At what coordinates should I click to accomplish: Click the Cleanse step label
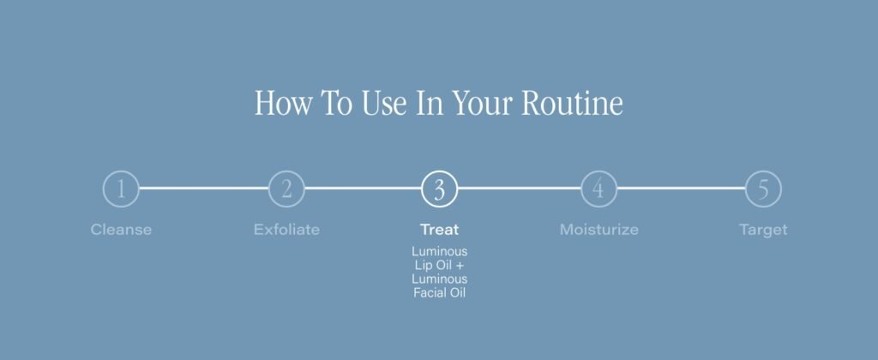pyautogui.click(x=121, y=230)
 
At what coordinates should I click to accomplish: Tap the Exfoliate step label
pyautogui.click(x=286, y=230)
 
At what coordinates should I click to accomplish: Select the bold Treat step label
pyautogui.click(x=440, y=230)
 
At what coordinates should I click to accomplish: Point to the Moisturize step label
pyautogui.click(x=599, y=230)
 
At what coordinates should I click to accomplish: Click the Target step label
pyautogui.click(x=763, y=230)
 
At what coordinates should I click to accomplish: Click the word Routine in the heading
pyautogui.click(x=572, y=103)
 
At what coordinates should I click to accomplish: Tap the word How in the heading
pyautogui.click(x=283, y=103)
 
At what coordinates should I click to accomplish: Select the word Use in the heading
pyautogui.click(x=384, y=104)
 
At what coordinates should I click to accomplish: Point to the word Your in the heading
pyautogui.click(x=482, y=104)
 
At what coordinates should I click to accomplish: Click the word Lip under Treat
pyautogui.click(x=423, y=266)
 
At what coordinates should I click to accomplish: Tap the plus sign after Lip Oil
pyautogui.click(x=460, y=266)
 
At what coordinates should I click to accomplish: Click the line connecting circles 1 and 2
pyautogui.click(x=204, y=188)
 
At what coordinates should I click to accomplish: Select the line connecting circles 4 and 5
pyautogui.click(x=681, y=188)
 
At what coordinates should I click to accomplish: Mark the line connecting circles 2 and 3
pyautogui.click(x=363, y=188)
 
